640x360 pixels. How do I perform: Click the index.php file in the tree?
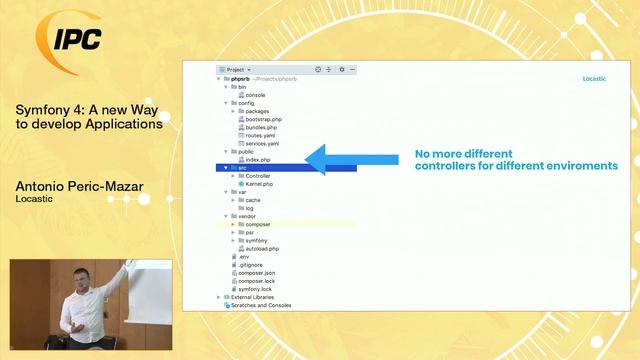[x=258, y=160]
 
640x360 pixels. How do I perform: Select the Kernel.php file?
[x=259, y=184]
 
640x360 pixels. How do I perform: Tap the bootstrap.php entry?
[x=262, y=119]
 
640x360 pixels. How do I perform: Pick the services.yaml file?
[x=261, y=143]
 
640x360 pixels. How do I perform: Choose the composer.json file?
[x=256, y=272]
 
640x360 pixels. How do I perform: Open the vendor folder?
[x=247, y=216]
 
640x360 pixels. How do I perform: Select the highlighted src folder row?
[x=285, y=168]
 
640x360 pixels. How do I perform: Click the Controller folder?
[x=257, y=176]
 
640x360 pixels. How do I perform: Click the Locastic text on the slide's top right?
[x=597, y=78]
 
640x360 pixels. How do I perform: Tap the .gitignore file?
[x=250, y=264]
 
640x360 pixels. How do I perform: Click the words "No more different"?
[x=456, y=155]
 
